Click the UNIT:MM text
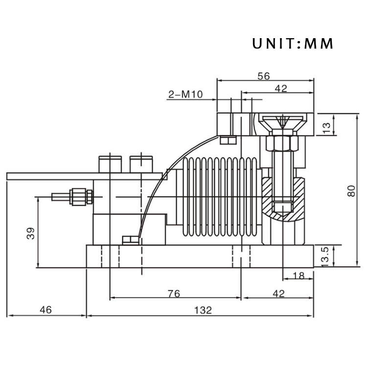coord(293,44)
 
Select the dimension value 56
coord(264,76)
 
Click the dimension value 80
coord(351,189)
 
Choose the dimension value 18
coord(298,276)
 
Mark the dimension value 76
coord(174,294)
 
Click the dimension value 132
coord(202,310)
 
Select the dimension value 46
coord(46,310)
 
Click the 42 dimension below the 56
coord(280,89)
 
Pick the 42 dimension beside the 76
coord(278,294)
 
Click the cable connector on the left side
coord(73,197)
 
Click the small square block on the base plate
coord(131,240)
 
